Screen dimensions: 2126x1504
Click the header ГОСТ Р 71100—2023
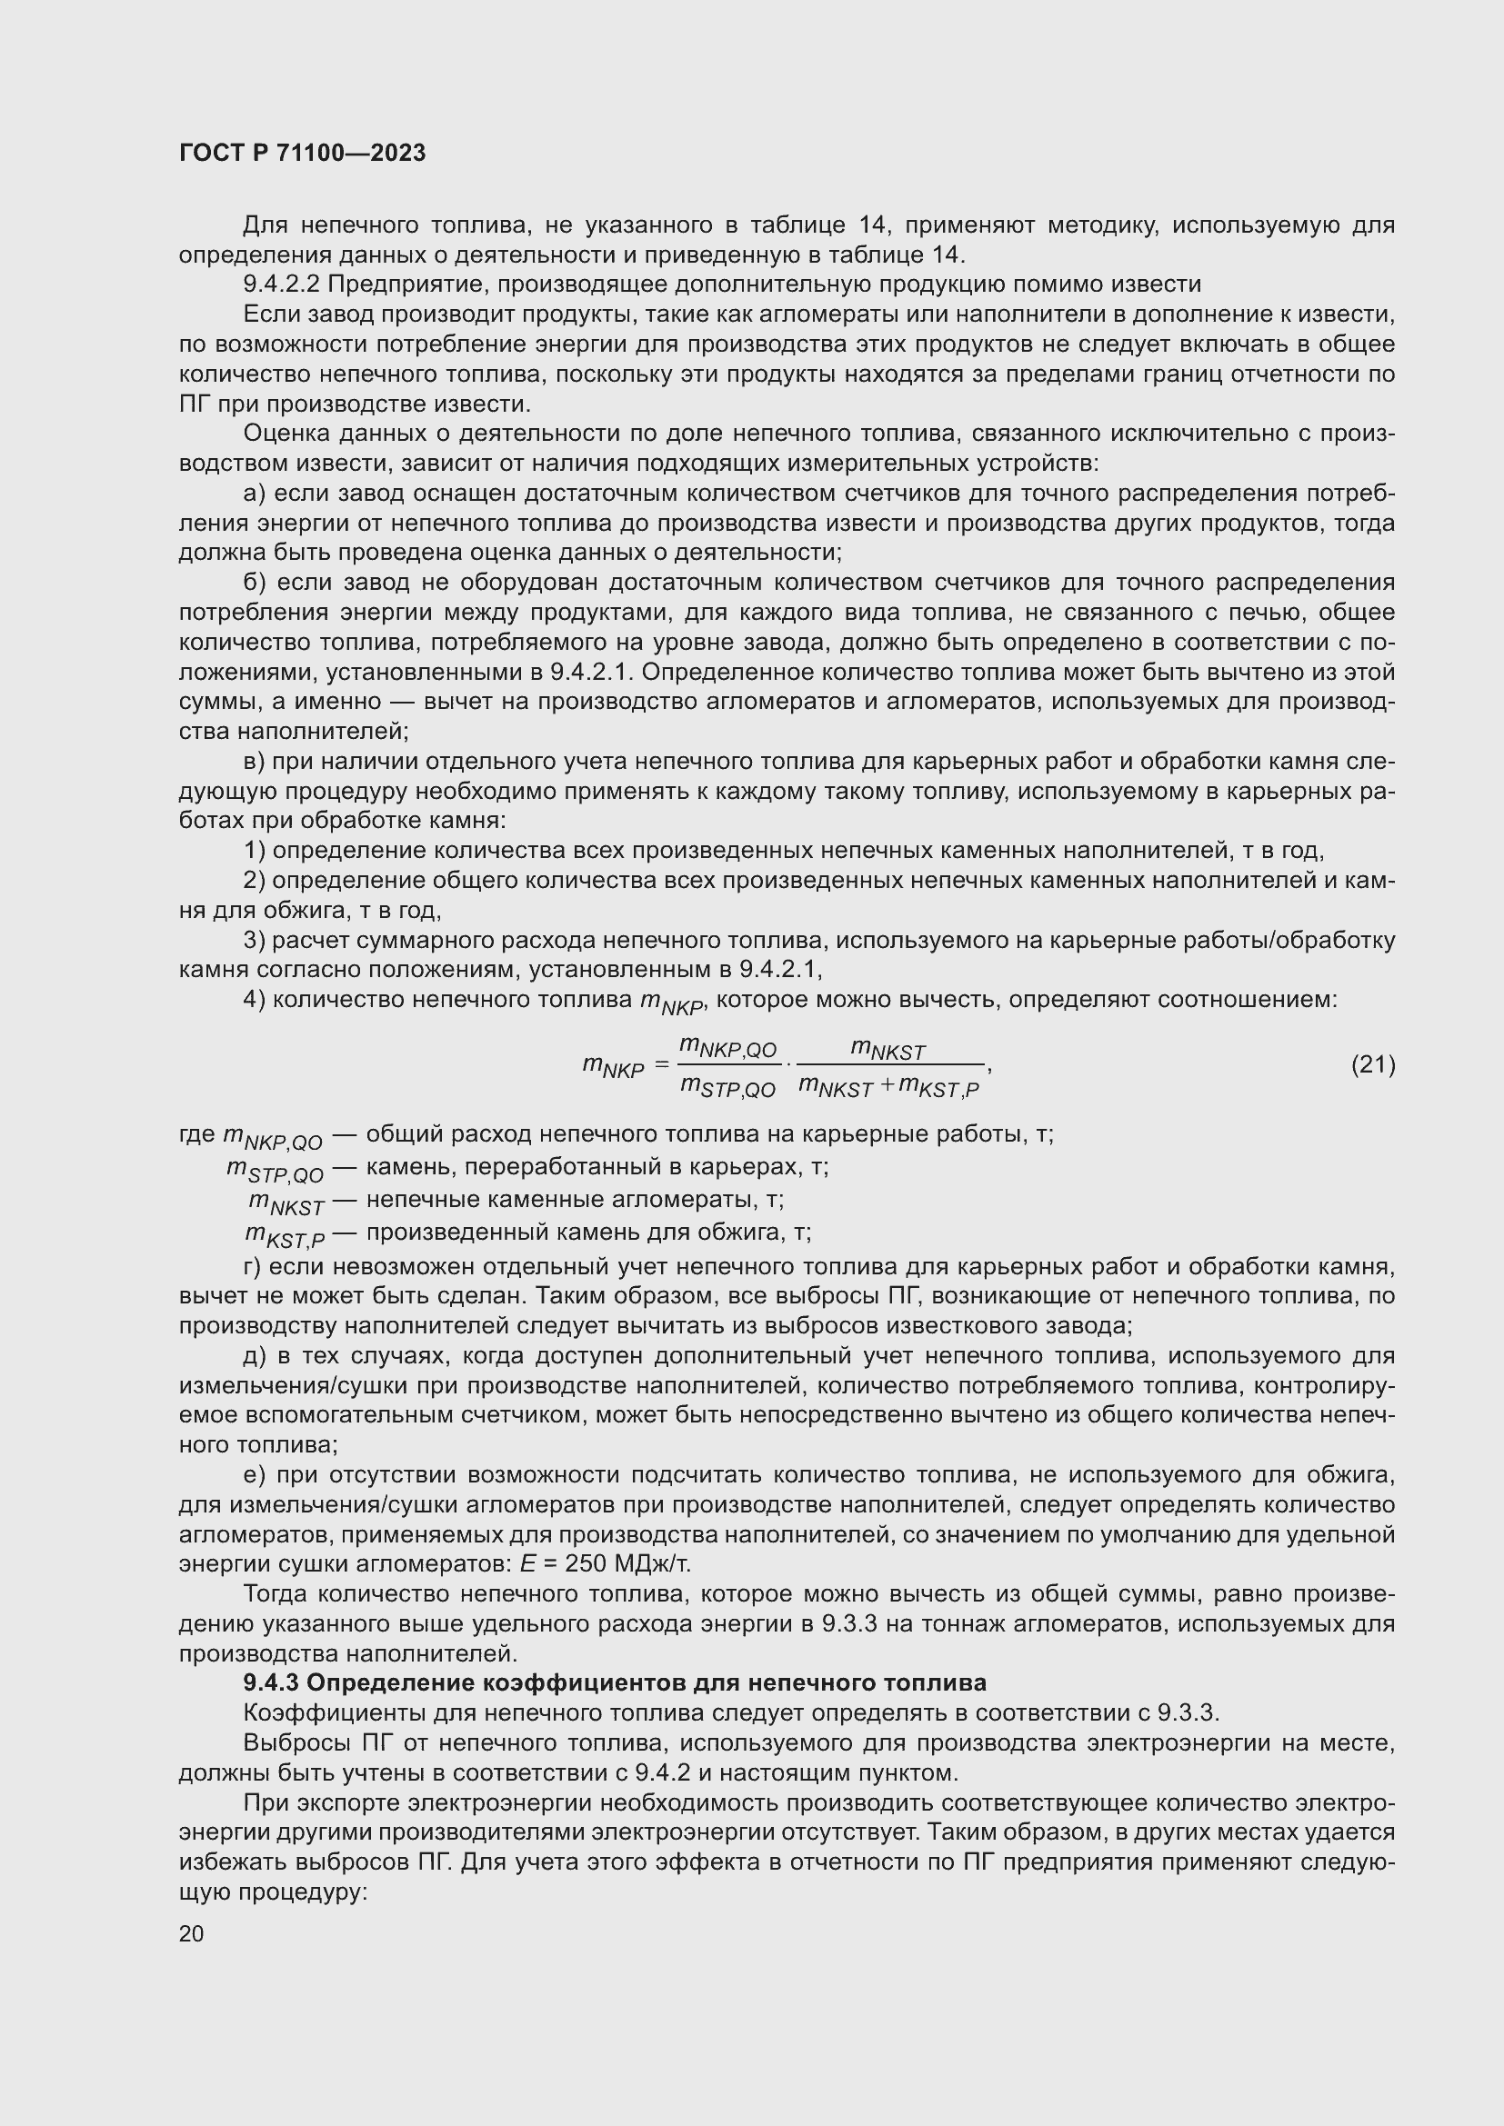pos(302,153)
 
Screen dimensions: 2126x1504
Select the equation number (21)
pos(1372,1066)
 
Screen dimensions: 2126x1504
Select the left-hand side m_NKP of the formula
pos(612,1068)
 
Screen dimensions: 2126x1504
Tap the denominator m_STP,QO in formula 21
pos(727,1088)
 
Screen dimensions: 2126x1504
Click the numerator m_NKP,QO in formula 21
pos(727,1047)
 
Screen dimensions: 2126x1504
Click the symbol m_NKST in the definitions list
pos(286,1203)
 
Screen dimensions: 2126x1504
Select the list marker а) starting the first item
pos(254,494)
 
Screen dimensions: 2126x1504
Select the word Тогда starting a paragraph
pos(273,1593)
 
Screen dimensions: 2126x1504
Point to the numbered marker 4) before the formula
pos(254,1001)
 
